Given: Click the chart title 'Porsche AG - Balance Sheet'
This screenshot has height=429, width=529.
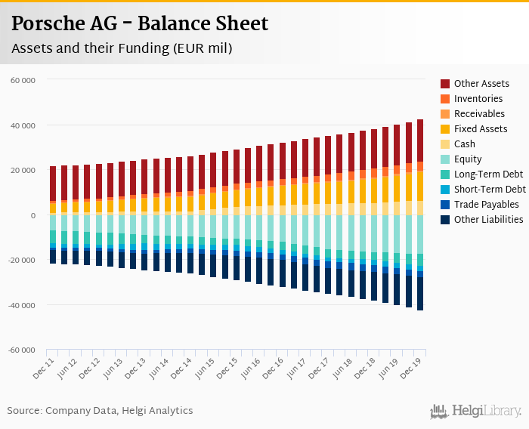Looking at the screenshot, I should coord(140,24).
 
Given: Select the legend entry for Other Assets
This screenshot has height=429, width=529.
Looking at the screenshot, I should coord(481,84).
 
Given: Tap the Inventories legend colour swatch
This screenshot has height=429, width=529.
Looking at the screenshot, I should coord(445,99).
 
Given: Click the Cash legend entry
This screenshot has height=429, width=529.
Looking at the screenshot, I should coord(466,144).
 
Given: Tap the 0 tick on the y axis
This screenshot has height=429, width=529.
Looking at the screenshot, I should coord(32,215).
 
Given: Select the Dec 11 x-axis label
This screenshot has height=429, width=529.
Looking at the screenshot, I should coord(44,369).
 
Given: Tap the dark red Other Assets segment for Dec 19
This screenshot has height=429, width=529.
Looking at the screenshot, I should coord(419,140).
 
